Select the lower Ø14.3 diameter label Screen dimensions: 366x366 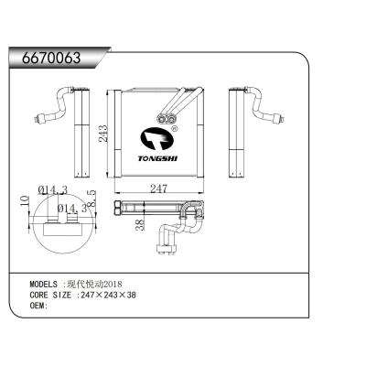coord(68,210)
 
